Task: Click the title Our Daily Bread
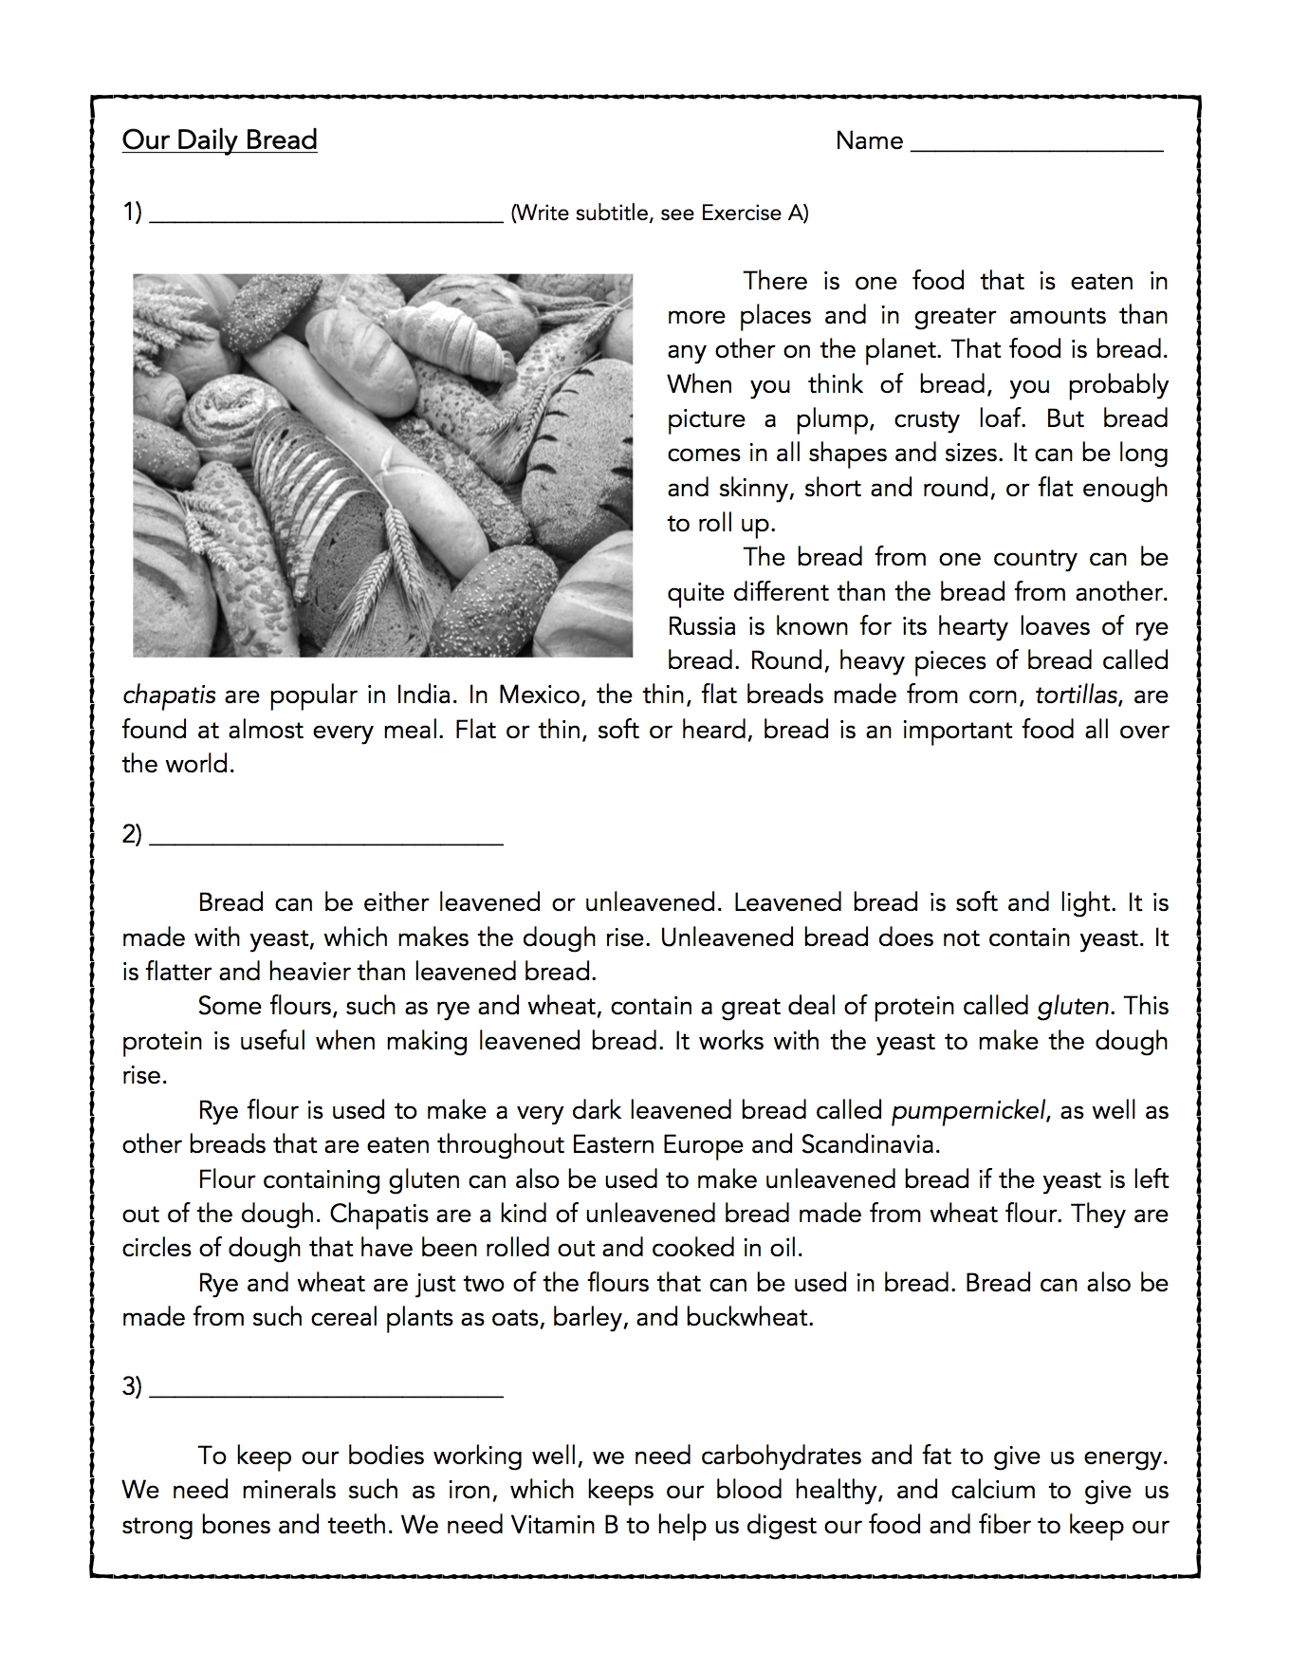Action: tap(219, 140)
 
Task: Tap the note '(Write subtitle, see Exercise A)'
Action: tap(659, 213)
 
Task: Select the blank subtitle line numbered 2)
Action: tap(326, 841)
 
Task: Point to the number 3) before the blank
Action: tap(132, 1386)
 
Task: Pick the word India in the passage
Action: tap(423, 696)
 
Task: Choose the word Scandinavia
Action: tap(870, 1145)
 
